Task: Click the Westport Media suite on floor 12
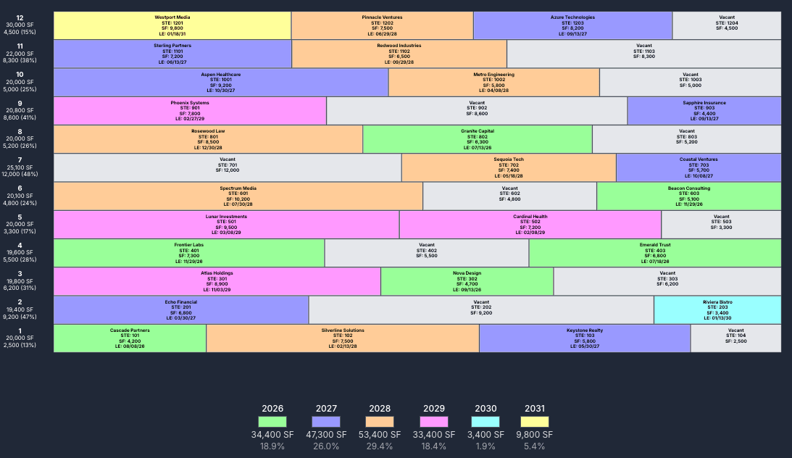pyautogui.click(x=172, y=25)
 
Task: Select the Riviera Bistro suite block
pyautogui.click(x=717, y=309)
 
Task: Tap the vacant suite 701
pyautogui.click(x=228, y=167)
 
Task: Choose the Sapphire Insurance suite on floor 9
pyautogui.click(x=704, y=111)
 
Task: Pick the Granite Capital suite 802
pyautogui.click(x=477, y=139)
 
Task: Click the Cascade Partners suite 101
pyautogui.click(x=130, y=338)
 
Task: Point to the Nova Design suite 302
pyautogui.click(x=467, y=281)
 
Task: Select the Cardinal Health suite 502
pyautogui.click(x=530, y=225)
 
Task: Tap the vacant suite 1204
pyautogui.click(x=727, y=25)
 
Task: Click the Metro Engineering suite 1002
pyautogui.click(x=493, y=83)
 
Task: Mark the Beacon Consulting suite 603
pyautogui.click(x=688, y=196)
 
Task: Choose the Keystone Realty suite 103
pyautogui.click(x=584, y=338)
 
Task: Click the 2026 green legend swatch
pyautogui.click(x=272, y=422)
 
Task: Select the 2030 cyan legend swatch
pyautogui.click(x=485, y=422)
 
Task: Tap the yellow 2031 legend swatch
pyautogui.click(x=535, y=422)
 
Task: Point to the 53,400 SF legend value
pyautogui.click(x=380, y=435)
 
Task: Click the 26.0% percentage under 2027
pyautogui.click(x=326, y=446)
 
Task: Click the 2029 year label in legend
pyautogui.click(x=433, y=409)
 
